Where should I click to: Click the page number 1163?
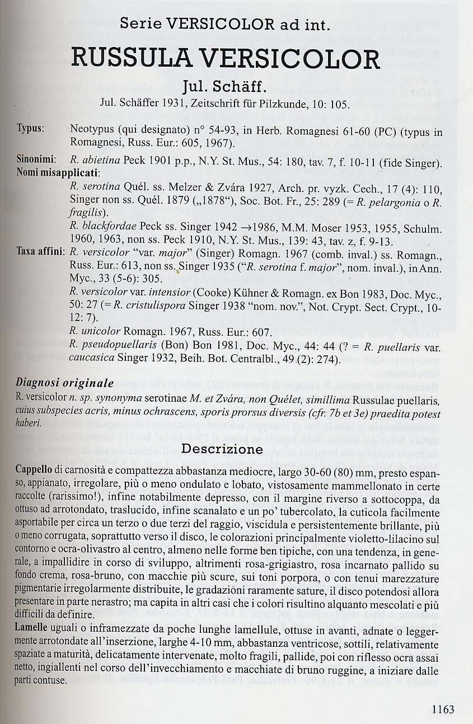[443, 709]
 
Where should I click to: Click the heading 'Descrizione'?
[222, 449]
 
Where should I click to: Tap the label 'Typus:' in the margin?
[30, 128]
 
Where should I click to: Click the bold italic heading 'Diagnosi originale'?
[64, 383]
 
